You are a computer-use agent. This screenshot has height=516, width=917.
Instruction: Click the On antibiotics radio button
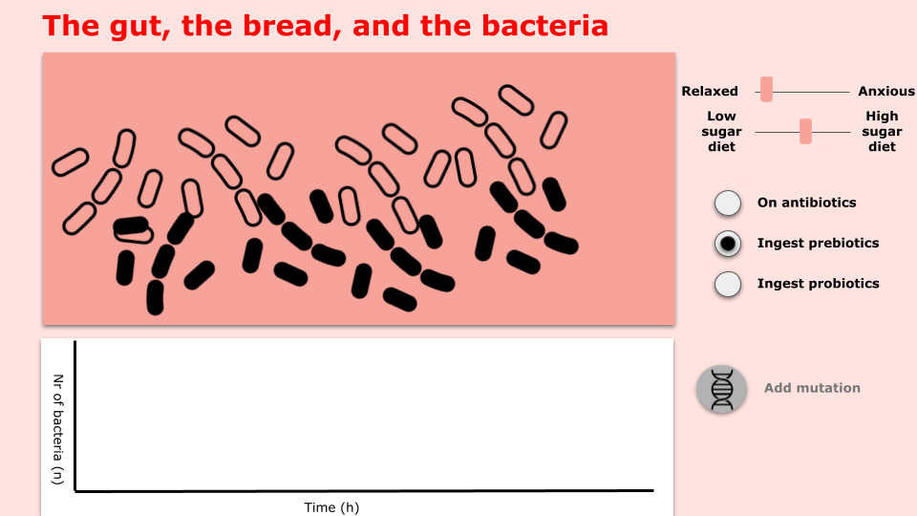click(728, 203)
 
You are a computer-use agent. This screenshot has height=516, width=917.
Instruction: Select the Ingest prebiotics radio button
click(728, 244)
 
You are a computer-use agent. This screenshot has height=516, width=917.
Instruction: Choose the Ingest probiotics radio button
click(728, 284)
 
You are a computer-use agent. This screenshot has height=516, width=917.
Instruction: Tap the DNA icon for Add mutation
click(722, 389)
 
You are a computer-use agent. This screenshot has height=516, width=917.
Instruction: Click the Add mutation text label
click(812, 388)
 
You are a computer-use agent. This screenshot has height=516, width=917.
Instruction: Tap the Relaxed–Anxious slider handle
click(766, 90)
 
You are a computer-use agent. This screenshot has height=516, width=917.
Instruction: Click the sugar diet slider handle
click(805, 131)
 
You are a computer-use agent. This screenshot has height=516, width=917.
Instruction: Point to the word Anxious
click(886, 92)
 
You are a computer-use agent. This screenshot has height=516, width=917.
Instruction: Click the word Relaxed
click(710, 92)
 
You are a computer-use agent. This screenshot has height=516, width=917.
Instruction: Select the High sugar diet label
click(882, 132)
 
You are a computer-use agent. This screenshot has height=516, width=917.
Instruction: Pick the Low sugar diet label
click(721, 132)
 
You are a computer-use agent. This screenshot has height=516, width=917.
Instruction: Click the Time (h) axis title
click(331, 507)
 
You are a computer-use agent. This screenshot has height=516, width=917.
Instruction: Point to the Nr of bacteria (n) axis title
click(57, 429)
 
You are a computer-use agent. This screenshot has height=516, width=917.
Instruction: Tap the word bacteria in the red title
click(544, 27)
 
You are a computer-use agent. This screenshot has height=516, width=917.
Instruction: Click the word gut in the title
click(138, 28)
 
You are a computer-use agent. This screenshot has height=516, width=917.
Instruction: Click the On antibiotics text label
click(806, 203)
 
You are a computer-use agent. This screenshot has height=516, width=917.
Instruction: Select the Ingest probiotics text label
click(819, 284)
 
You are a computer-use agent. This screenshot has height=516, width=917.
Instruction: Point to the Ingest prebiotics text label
click(819, 244)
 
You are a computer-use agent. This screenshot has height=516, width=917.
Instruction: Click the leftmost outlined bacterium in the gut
click(70, 162)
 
